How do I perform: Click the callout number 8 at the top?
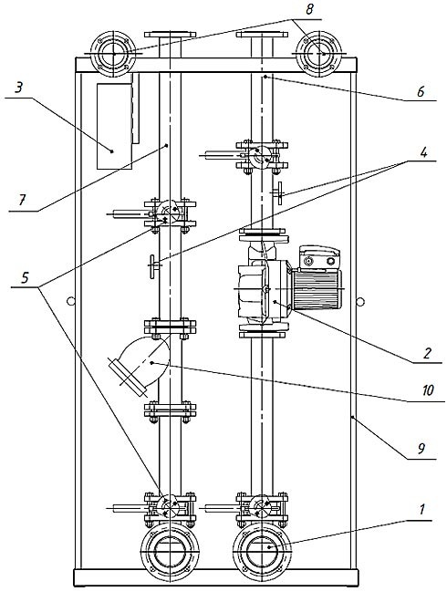(309, 9)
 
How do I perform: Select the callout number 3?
(18, 88)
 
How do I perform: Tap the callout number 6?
(421, 91)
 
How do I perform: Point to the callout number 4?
(423, 152)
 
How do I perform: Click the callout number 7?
(22, 200)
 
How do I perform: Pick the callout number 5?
(25, 277)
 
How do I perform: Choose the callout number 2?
(427, 353)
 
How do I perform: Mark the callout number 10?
(428, 390)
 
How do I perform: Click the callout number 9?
(421, 449)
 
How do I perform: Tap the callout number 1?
(421, 510)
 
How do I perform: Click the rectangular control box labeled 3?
(114, 126)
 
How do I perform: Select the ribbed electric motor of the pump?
(317, 288)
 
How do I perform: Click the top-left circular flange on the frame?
(114, 54)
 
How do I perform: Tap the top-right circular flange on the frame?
(319, 54)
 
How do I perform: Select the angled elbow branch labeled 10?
(140, 363)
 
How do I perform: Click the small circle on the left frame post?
(70, 301)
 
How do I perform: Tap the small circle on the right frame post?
(359, 302)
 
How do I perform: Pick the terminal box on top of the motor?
(319, 257)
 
